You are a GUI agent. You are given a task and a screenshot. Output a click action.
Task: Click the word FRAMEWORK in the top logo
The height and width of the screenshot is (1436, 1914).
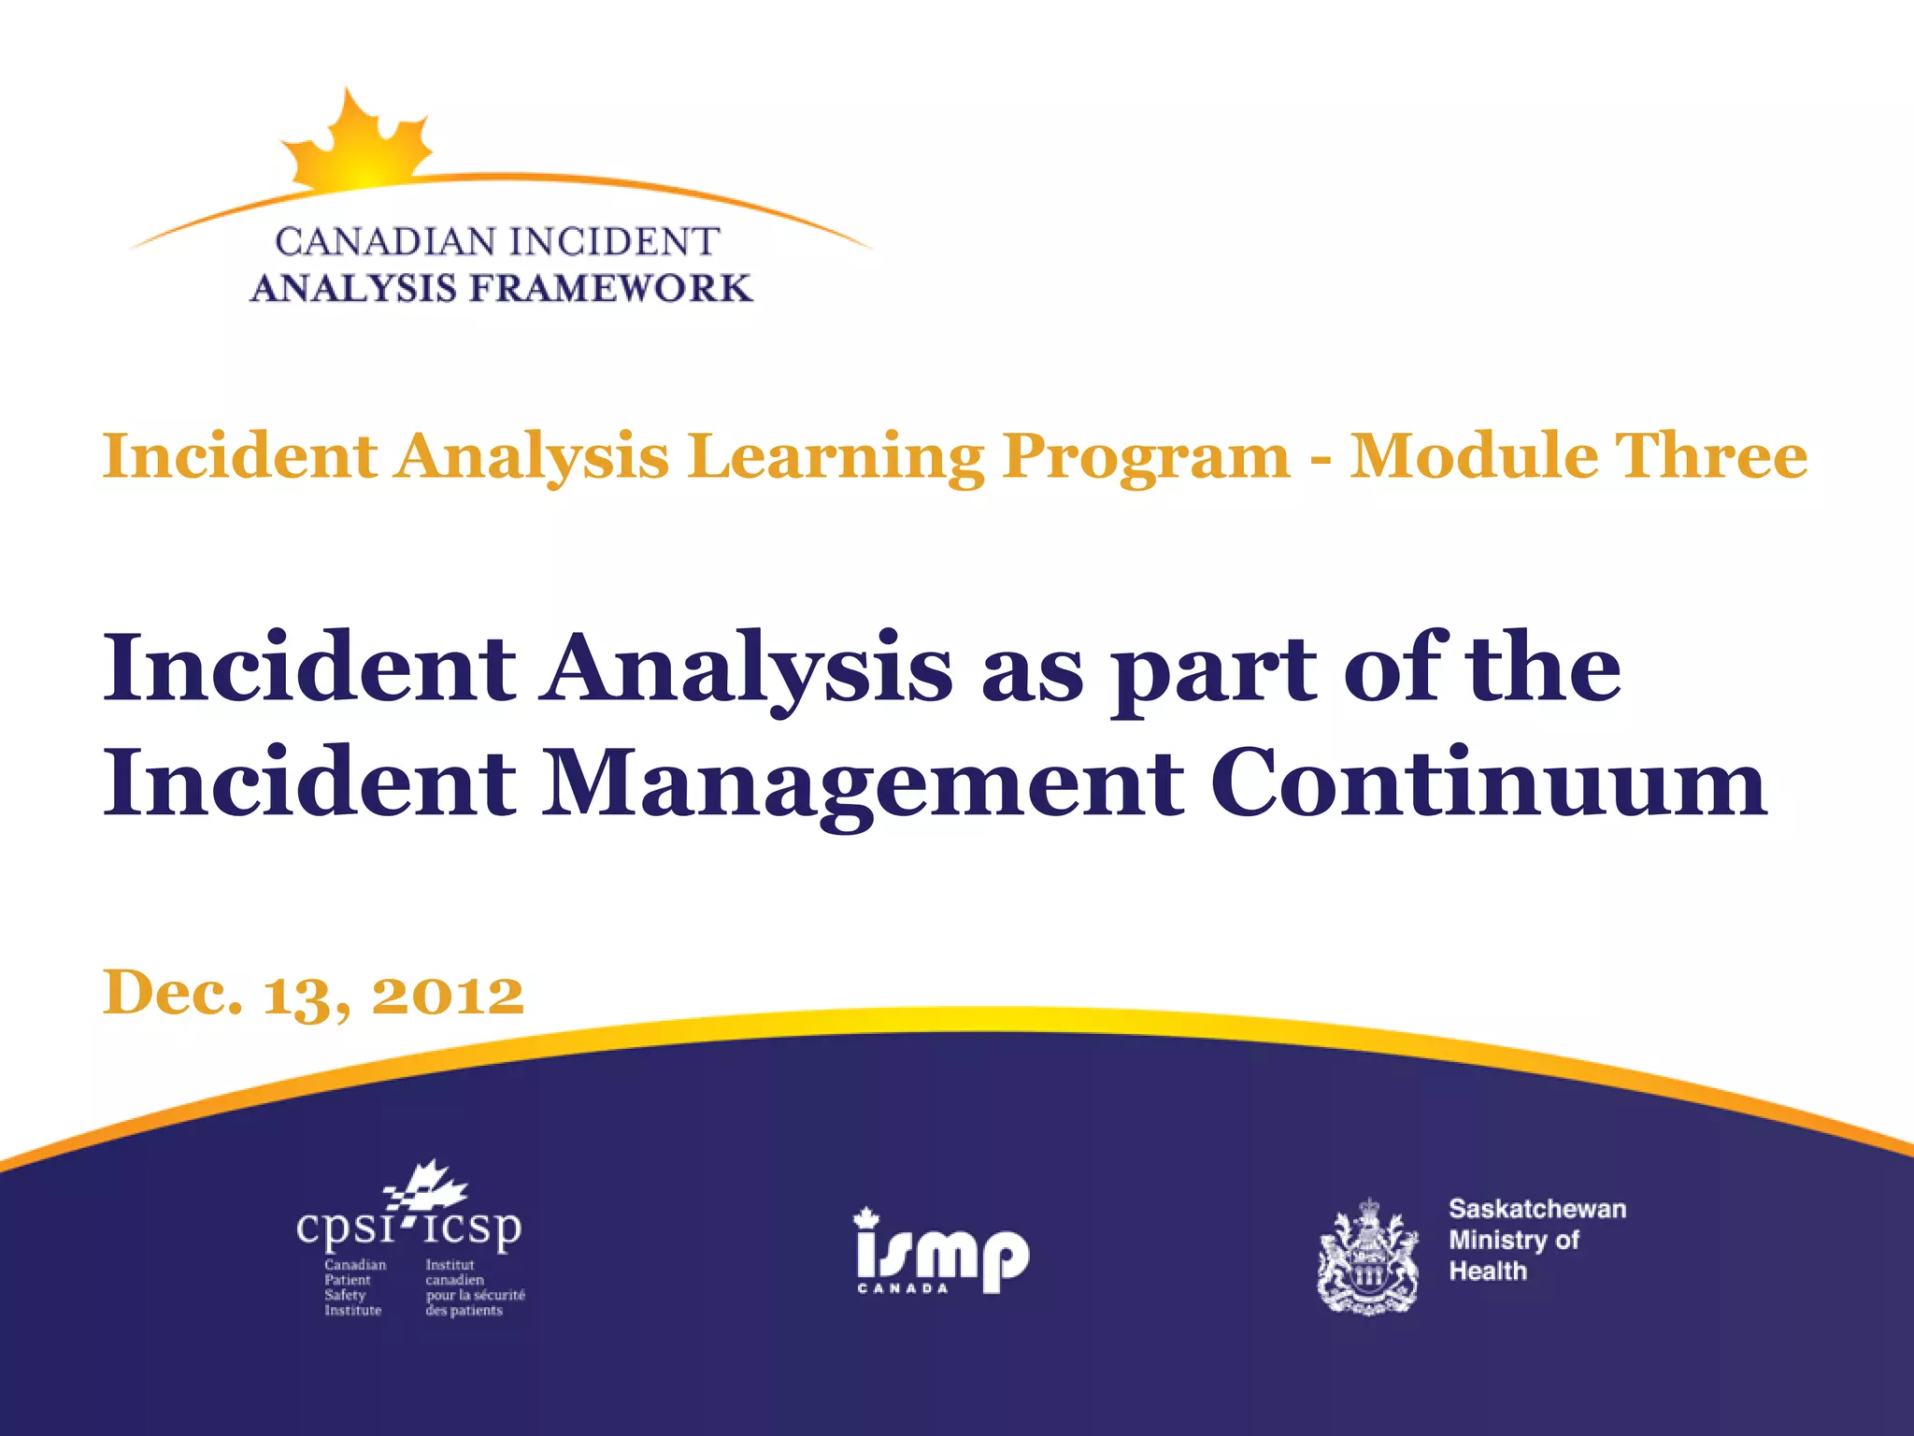click(x=610, y=289)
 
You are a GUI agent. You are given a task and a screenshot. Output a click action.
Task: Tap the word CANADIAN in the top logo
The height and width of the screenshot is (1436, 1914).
click(x=386, y=242)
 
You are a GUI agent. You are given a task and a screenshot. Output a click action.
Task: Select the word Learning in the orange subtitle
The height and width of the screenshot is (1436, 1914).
click(x=836, y=457)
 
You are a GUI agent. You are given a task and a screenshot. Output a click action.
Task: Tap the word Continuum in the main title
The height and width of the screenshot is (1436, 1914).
click(x=1488, y=783)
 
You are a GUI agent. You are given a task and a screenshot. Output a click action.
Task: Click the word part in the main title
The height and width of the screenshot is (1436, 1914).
click(x=1212, y=670)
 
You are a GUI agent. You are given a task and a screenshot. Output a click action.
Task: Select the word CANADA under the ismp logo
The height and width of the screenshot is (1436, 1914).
click(x=903, y=1288)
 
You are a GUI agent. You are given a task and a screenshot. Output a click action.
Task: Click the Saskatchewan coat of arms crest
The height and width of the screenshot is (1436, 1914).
click(x=1367, y=1258)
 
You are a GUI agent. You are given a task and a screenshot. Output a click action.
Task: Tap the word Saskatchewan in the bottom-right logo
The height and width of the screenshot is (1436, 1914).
click(x=1536, y=1209)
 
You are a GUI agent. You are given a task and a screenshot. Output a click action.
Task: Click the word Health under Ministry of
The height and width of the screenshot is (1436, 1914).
click(x=1487, y=1271)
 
